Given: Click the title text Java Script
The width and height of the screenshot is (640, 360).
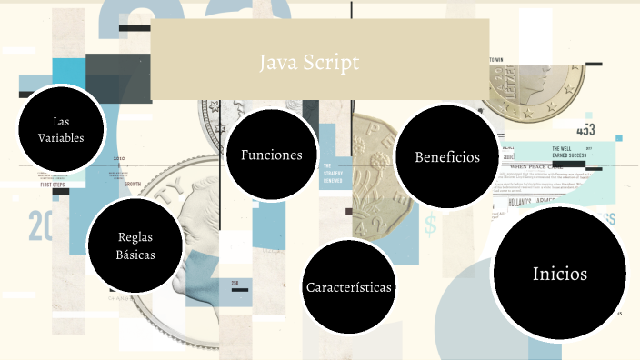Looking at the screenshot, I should [309, 63].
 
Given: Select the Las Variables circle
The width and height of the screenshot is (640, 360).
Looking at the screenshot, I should [61, 129].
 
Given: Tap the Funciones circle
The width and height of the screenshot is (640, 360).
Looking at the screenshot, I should [271, 155].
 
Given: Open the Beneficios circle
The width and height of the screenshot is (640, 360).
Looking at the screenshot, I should [446, 156].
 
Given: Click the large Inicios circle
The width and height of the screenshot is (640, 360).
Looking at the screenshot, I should [560, 274].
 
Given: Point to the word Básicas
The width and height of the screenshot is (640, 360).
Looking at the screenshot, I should [135, 255].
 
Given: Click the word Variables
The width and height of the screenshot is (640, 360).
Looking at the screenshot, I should [61, 138].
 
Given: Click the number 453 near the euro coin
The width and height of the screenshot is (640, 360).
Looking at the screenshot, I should [585, 130].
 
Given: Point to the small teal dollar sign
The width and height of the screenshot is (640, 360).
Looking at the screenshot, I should [429, 222].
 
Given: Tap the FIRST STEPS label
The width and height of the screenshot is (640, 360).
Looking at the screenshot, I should [54, 185].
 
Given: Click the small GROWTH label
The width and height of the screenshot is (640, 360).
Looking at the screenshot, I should [133, 184].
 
